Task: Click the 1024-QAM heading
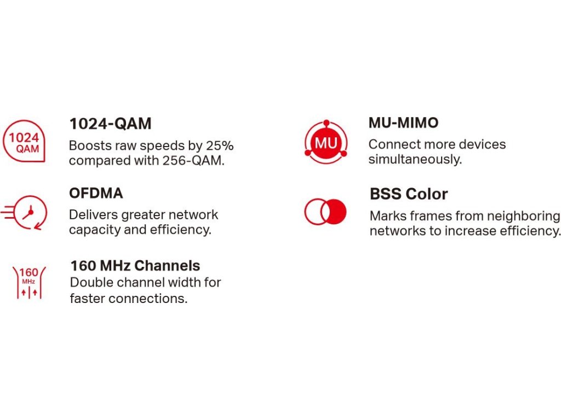tap(110, 124)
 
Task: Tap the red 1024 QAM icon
tap(24, 141)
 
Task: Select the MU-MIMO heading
tap(403, 123)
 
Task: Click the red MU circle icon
tap(326, 142)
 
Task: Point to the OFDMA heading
tap(96, 193)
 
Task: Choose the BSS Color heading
tap(409, 194)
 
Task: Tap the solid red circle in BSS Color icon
tap(335, 212)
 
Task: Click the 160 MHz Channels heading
tap(135, 266)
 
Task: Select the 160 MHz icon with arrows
tap(29, 282)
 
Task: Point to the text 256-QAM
tap(193, 161)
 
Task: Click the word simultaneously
tap(415, 159)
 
